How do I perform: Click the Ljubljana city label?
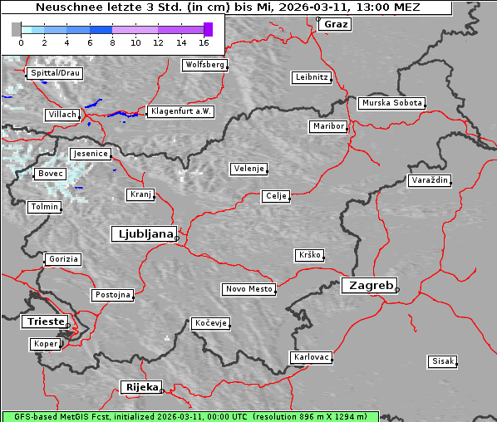pos(143,233)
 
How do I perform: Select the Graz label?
pos(336,24)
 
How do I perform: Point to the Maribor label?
pos(327,126)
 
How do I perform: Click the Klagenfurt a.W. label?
pos(180,111)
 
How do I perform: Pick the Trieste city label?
pos(42,321)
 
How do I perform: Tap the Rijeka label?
pos(141,387)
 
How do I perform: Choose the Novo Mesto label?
pos(248,289)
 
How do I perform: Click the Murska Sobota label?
pos(391,104)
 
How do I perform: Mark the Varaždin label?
pos(430,180)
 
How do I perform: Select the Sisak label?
pos(443,361)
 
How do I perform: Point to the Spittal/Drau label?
pos(54,73)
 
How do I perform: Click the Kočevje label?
pos(209,322)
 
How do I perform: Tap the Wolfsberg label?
pos(204,64)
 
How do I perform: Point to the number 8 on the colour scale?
pos(112,42)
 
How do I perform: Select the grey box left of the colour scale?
pos(17,29)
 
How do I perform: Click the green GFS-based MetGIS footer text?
pos(190,416)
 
